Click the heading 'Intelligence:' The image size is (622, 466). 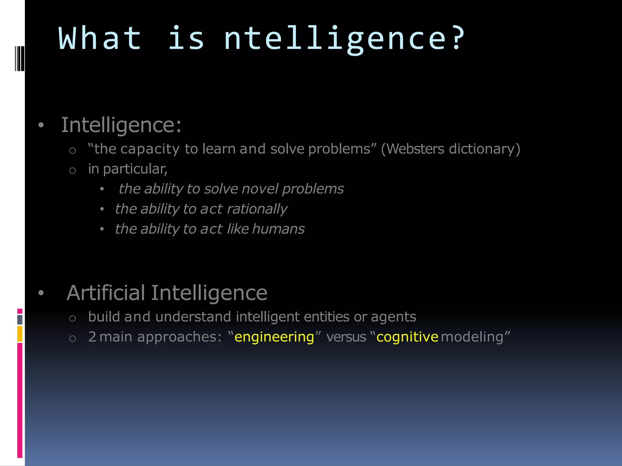(x=121, y=125)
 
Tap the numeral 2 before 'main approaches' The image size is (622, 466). (x=92, y=337)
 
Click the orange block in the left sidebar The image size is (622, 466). (x=20, y=334)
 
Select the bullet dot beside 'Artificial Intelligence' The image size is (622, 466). (x=41, y=293)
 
